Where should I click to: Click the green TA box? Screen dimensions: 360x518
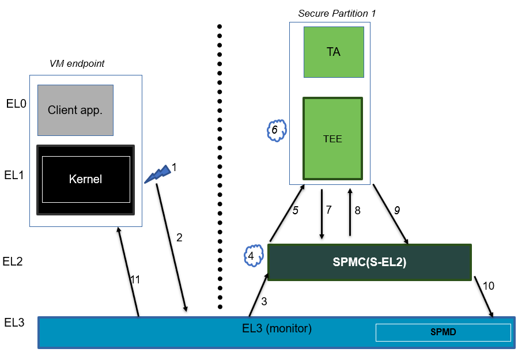(x=334, y=52)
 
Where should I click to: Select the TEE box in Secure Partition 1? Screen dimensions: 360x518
(x=332, y=138)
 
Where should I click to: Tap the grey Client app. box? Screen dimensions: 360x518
(x=75, y=110)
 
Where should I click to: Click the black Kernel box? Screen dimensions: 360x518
(x=85, y=179)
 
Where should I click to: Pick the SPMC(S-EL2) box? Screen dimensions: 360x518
(x=369, y=262)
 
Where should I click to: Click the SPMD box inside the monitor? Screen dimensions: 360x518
(x=443, y=332)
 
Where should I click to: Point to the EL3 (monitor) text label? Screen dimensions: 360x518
(x=277, y=329)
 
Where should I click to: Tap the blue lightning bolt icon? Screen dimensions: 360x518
(x=157, y=173)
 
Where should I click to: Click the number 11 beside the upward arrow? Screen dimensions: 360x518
(x=135, y=279)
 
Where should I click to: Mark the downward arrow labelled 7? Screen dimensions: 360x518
(x=322, y=213)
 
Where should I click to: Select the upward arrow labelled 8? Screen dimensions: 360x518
(x=350, y=213)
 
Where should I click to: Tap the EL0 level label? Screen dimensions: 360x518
(x=16, y=108)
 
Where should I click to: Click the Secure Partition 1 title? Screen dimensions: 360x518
(x=328, y=13)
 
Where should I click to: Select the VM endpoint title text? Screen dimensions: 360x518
(x=77, y=63)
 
